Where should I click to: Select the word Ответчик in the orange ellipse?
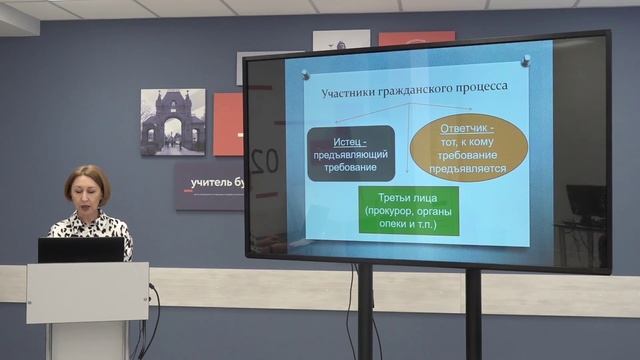tap(470, 129)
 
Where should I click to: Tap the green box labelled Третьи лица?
tap(408, 211)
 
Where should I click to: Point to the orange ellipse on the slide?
tap(469, 147)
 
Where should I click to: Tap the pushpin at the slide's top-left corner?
tap(305, 74)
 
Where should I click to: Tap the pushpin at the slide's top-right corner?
tap(525, 61)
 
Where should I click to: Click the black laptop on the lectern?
tap(81, 250)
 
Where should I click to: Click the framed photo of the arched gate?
tap(172, 122)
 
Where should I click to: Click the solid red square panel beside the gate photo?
tap(228, 124)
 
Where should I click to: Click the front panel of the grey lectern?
tap(87, 292)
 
